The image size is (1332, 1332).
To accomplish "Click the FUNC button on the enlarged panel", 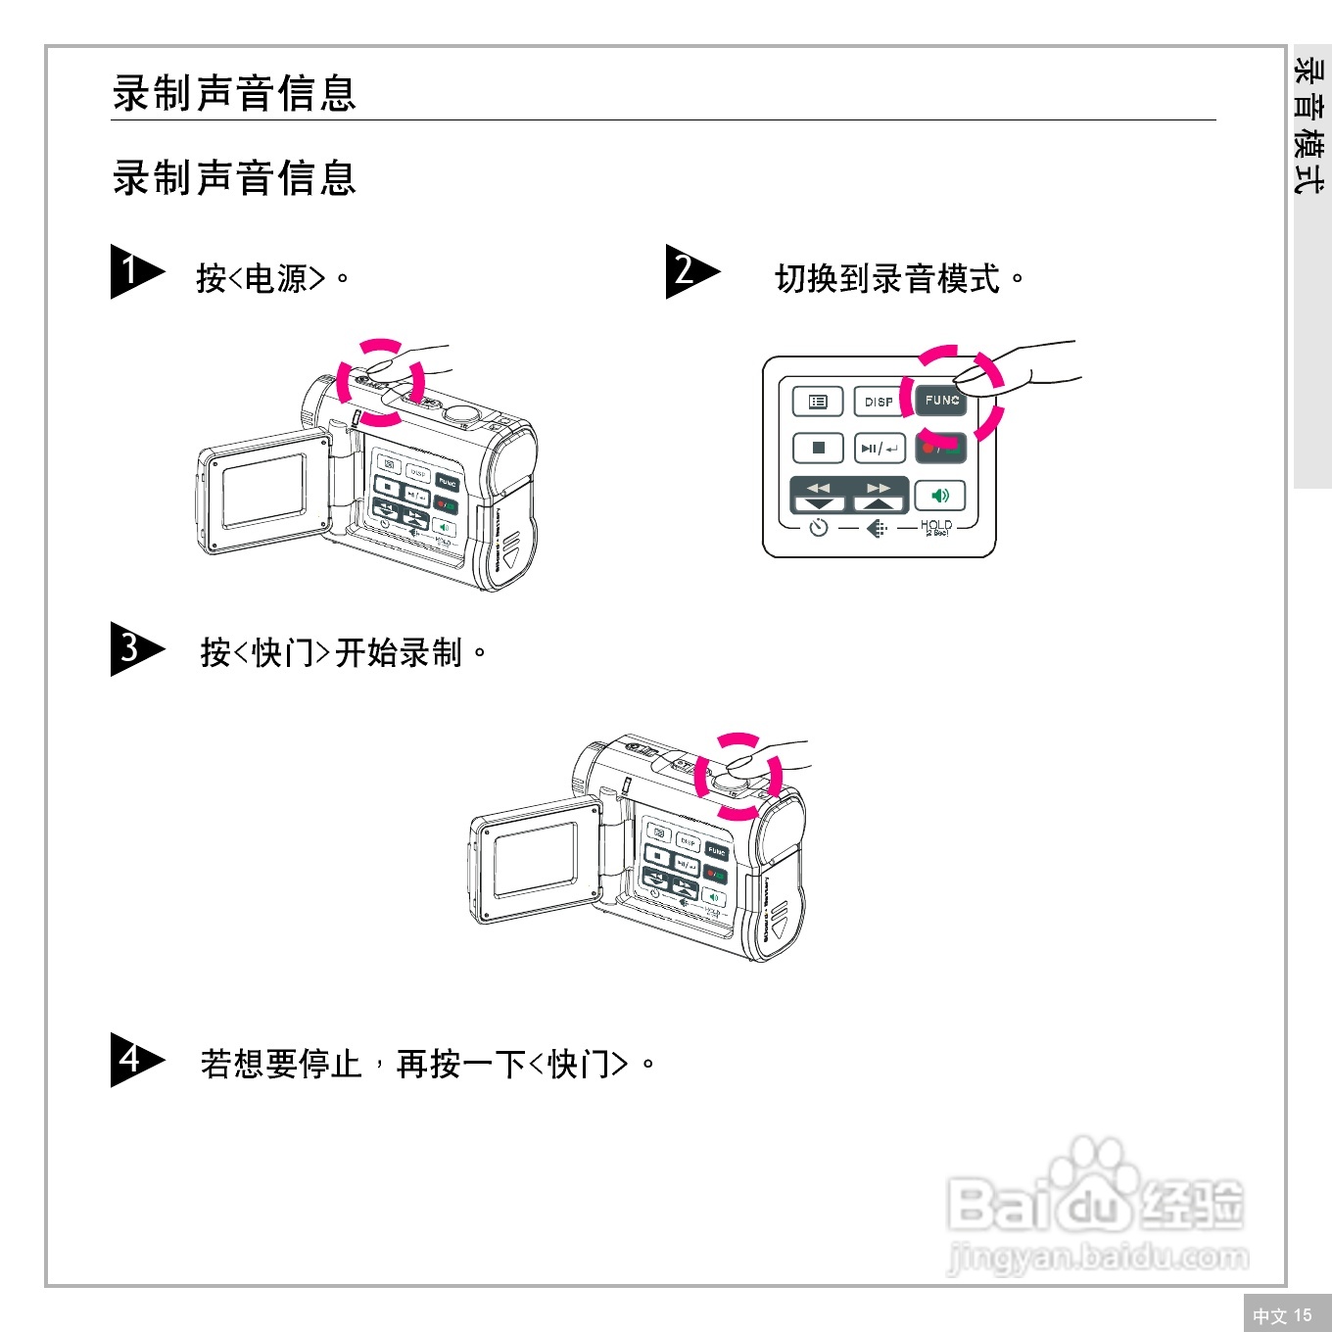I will click(941, 401).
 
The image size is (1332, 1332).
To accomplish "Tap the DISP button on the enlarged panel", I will click(879, 402).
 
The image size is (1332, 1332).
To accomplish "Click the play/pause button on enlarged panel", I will click(879, 449).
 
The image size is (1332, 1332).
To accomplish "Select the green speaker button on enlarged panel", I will click(940, 496).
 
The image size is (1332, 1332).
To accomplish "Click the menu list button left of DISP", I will click(818, 402).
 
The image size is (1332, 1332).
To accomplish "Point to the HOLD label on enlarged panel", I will click(936, 527).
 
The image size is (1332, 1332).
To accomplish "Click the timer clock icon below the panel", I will click(819, 528).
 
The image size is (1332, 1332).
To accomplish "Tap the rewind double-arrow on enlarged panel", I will click(819, 488).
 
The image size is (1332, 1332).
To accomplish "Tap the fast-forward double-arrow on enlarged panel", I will click(879, 488).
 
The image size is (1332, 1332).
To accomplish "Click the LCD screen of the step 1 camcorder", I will click(262, 493).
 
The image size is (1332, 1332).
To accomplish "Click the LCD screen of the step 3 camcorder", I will click(536, 859).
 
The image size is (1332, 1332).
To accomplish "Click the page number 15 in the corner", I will click(1302, 1315).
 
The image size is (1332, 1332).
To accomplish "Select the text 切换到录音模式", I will click(887, 279).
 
